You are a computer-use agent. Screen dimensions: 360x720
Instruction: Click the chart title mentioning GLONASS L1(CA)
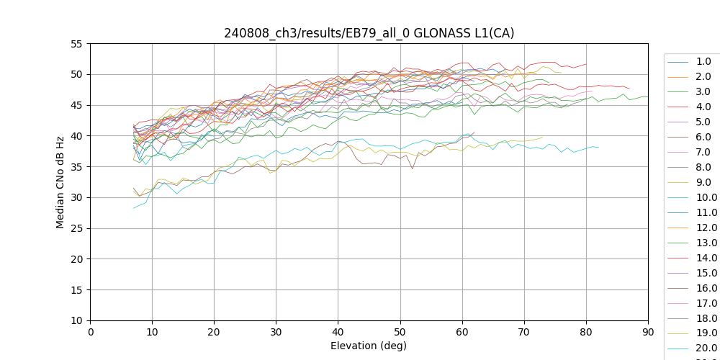pos(369,33)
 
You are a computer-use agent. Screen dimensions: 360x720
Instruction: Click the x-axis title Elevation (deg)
pos(369,346)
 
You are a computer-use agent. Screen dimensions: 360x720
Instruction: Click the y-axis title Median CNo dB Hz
pos(60,182)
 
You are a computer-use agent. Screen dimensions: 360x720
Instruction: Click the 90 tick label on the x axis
pos(648,331)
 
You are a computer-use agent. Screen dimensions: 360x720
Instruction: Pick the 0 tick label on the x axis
pos(91,331)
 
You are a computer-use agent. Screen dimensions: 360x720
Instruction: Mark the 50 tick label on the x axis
pos(400,331)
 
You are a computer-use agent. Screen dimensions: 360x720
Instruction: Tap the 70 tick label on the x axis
pos(524,331)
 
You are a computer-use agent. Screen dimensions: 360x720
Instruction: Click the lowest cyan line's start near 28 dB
pos(134,208)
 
